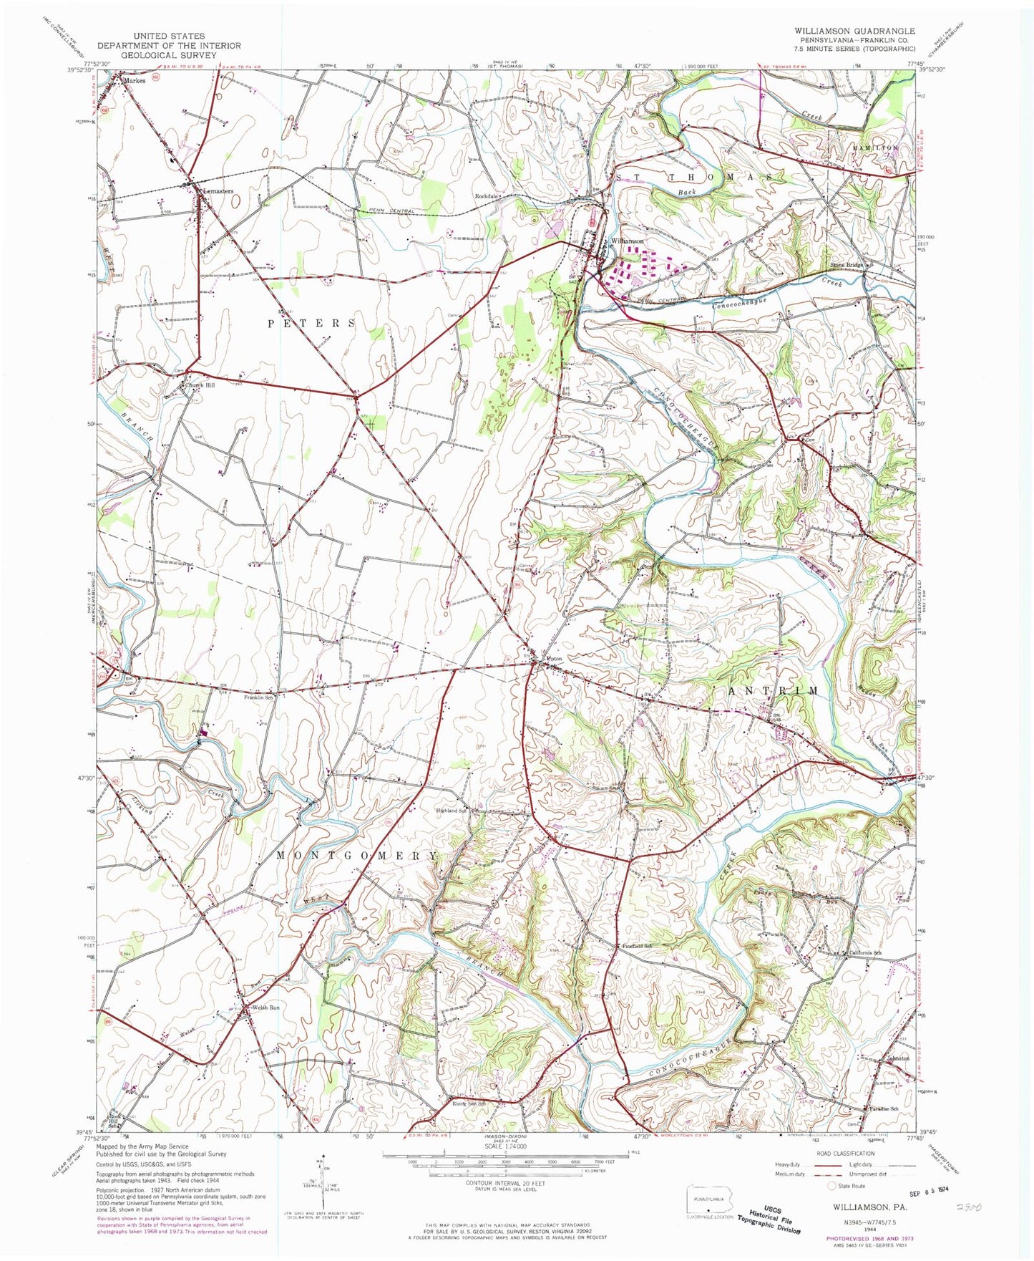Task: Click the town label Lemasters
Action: click(x=220, y=191)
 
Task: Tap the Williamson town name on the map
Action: click(x=627, y=241)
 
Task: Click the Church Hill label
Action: click(x=200, y=385)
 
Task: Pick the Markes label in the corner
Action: click(x=134, y=81)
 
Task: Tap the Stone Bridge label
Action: click(x=847, y=265)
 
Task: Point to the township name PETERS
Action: click(x=311, y=324)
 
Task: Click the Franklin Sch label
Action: click(x=259, y=697)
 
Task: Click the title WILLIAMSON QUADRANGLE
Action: click(x=844, y=32)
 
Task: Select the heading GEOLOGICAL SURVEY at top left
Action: click(x=160, y=55)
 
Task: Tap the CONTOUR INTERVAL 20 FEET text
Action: click(x=497, y=1183)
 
